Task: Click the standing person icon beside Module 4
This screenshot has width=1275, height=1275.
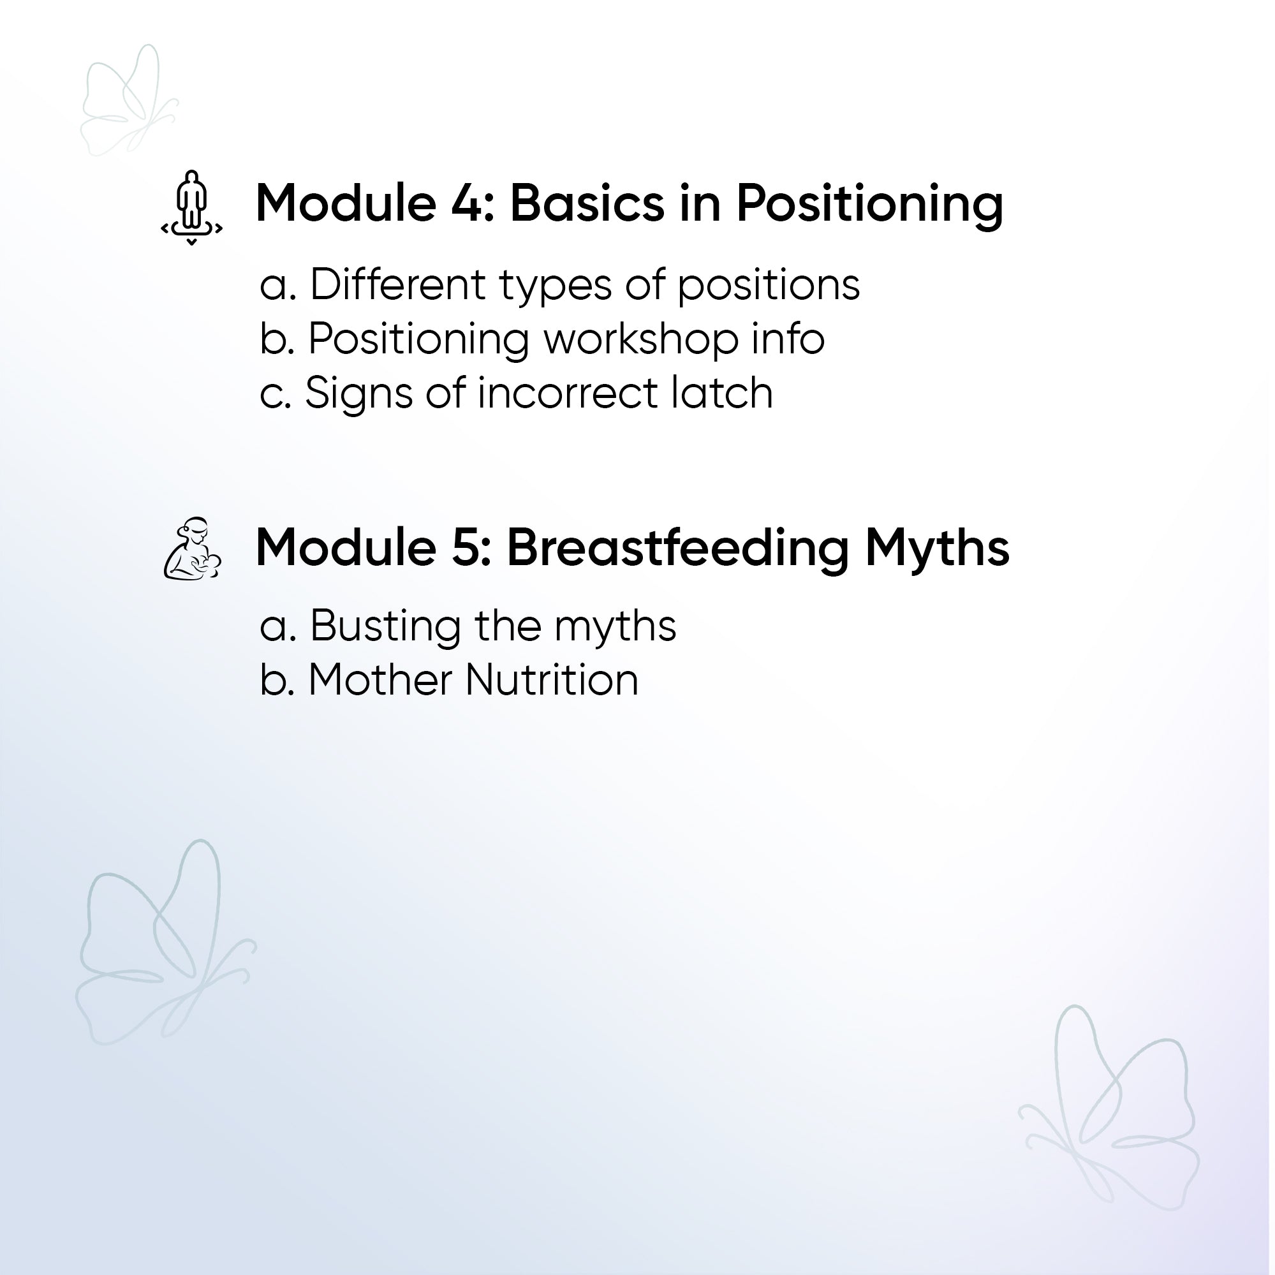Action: [191, 207]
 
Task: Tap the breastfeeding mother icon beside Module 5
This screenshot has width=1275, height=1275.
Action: [192, 549]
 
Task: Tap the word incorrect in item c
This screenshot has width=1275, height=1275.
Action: [568, 394]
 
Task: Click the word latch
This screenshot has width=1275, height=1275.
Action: [722, 392]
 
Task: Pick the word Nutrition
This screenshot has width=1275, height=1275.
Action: [552, 680]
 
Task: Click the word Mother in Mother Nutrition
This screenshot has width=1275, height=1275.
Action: [380, 680]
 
